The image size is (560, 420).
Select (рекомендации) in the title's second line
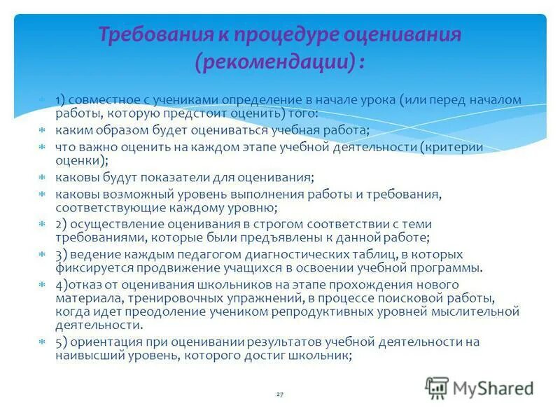[x=274, y=63]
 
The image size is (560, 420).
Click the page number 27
[x=279, y=395]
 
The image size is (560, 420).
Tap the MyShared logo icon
[x=437, y=386]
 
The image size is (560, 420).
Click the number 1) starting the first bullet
[x=61, y=99]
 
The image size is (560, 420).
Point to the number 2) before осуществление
[x=62, y=224]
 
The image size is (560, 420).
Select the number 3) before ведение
[x=62, y=254]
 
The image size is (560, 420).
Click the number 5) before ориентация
[x=62, y=342]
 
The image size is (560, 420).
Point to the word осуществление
[x=113, y=224]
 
